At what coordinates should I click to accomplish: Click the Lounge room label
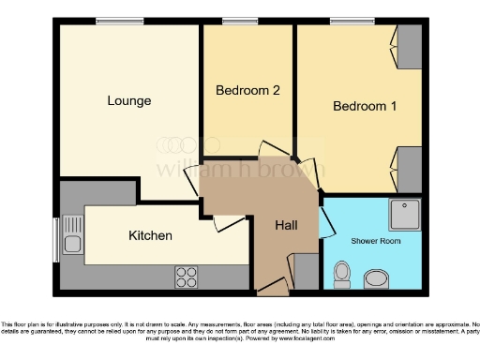(128, 100)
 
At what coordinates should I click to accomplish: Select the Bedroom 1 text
(365, 106)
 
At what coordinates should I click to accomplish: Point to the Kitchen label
(150, 235)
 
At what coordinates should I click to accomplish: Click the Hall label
(286, 226)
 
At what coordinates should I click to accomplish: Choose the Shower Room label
(376, 241)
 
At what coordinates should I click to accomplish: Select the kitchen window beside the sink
(55, 239)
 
